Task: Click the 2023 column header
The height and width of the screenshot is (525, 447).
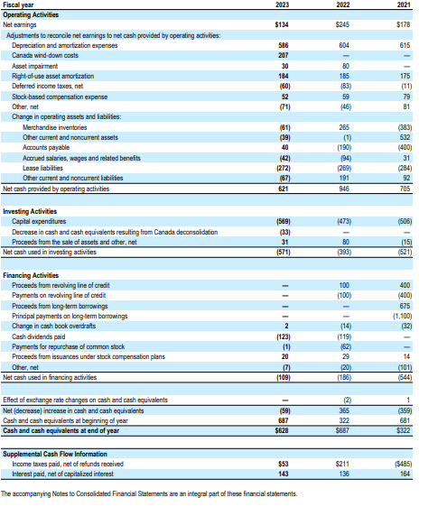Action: click(x=283, y=5)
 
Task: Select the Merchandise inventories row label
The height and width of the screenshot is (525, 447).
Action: click(x=59, y=129)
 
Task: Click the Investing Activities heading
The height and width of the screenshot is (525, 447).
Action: click(x=32, y=211)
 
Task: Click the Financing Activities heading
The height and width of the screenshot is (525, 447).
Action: click(x=33, y=274)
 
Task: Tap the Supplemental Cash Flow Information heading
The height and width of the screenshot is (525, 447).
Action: click(x=55, y=455)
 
